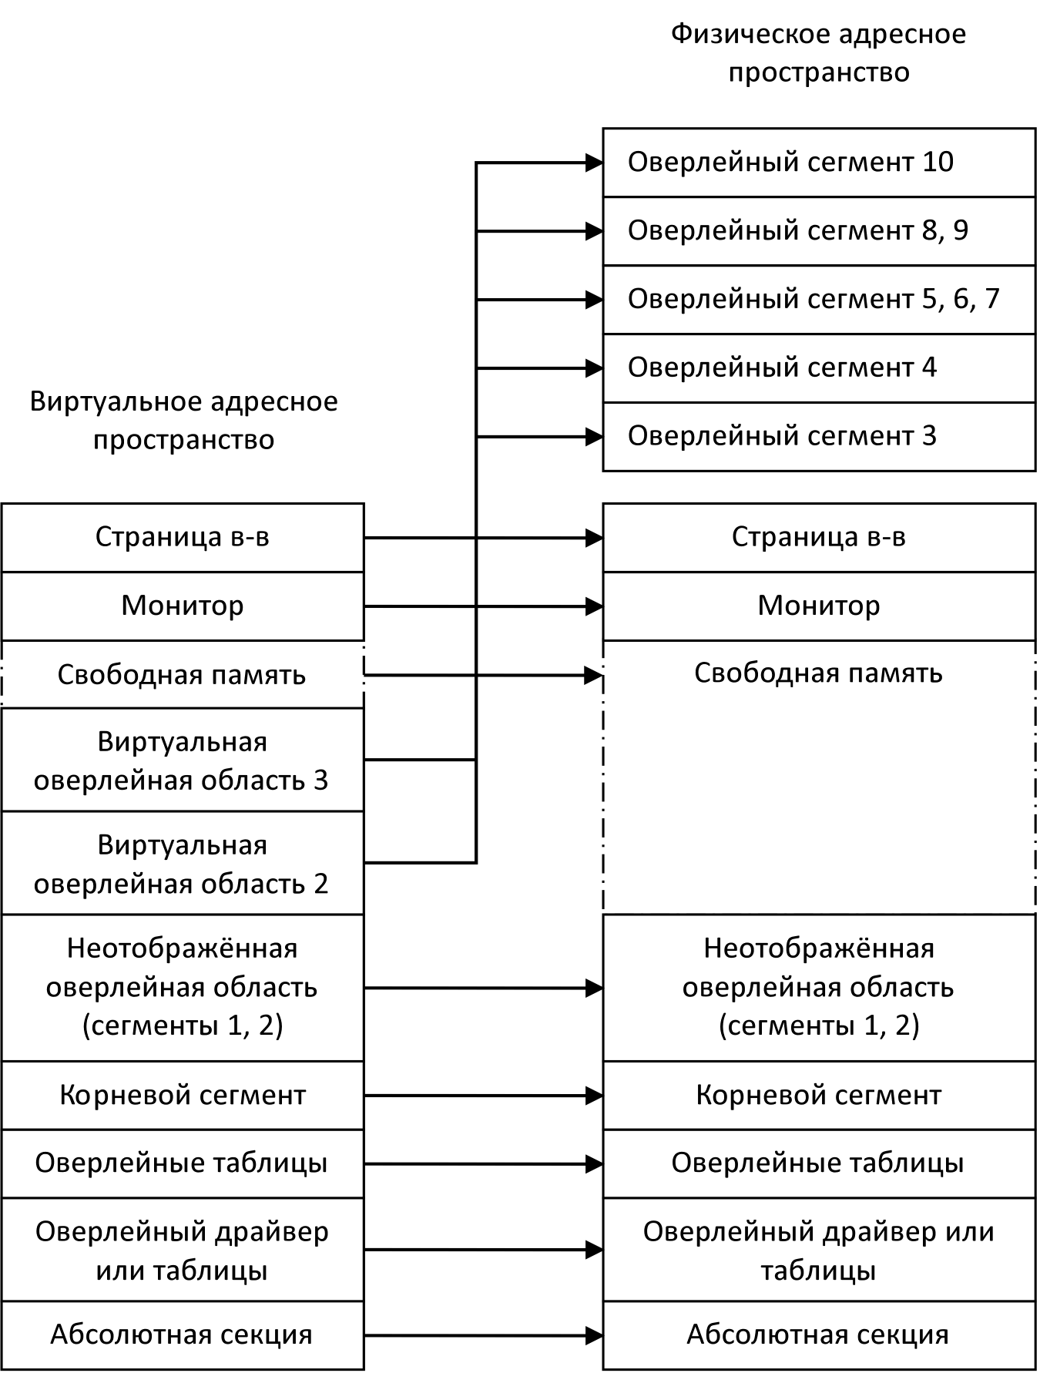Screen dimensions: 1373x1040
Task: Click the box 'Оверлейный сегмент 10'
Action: click(818, 163)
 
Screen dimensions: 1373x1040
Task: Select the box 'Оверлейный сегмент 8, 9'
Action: click(818, 231)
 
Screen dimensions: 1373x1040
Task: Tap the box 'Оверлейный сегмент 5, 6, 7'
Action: click(818, 300)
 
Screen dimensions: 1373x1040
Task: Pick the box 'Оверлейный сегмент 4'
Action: click(818, 368)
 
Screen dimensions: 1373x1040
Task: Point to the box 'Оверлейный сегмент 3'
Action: click(818, 435)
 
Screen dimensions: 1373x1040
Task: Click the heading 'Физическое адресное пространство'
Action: click(818, 53)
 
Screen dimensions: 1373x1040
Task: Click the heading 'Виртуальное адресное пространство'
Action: click(183, 421)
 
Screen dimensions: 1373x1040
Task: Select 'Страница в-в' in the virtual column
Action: click(183, 537)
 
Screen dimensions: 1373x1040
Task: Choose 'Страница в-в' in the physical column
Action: click(818, 537)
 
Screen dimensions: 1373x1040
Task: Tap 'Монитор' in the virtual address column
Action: click(183, 606)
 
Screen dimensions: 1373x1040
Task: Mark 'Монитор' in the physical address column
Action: click(818, 606)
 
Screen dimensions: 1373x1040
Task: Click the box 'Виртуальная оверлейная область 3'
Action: click(183, 760)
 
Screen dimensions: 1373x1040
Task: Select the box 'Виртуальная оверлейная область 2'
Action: click(183, 864)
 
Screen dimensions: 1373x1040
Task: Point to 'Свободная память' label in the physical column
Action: click(818, 673)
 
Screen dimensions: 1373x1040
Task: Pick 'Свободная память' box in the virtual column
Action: click(183, 675)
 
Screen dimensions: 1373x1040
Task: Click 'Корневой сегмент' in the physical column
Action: click(818, 1095)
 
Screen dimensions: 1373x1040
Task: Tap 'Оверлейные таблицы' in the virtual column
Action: click(183, 1163)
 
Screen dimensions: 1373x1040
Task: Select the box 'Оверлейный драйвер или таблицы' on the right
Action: click(818, 1250)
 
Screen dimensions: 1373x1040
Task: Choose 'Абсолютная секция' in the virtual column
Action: click(183, 1334)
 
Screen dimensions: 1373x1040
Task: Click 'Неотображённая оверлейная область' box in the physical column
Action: click(818, 987)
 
